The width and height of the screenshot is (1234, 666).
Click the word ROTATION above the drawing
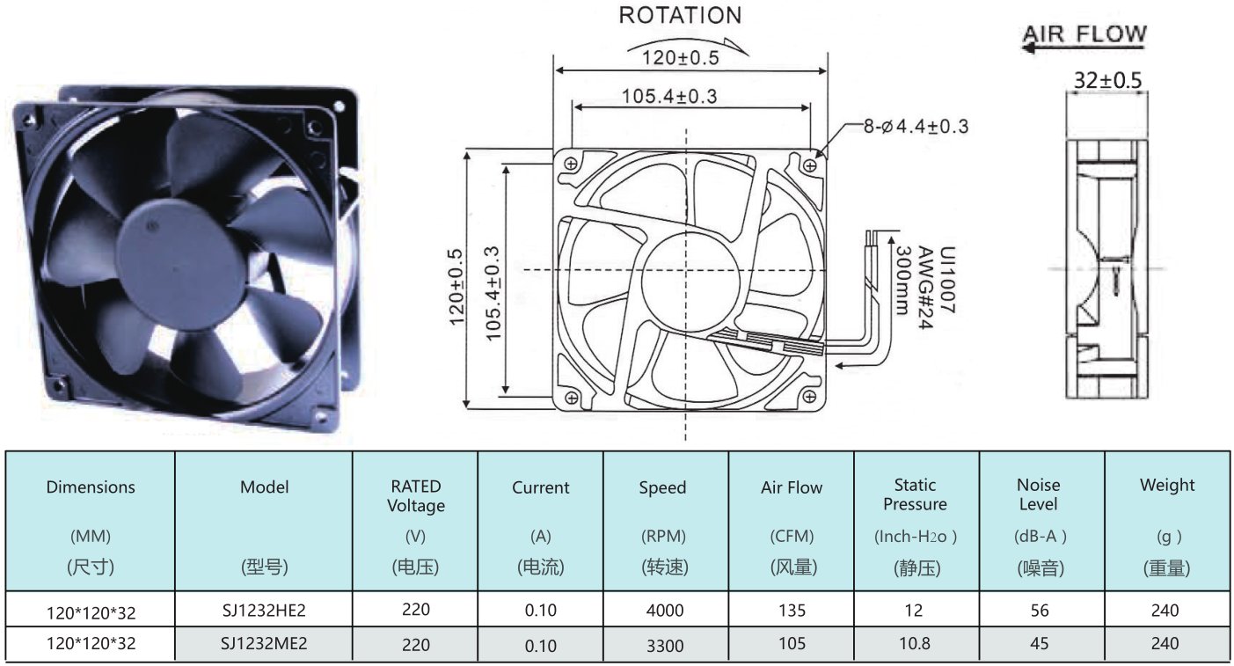pyautogui.click(x=680, y=15)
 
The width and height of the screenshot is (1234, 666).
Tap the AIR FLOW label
pyautogui.click(x=1085, y=34)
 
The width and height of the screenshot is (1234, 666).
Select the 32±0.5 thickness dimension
pyautogui.click(x=1107, y=81)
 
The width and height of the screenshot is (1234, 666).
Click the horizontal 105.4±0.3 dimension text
pyautogui.click(x=669, y=96)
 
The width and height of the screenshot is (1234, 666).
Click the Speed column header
pyautogui.click(x=662, y=487)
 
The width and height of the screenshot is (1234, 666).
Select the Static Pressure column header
pyautogui.click(x=915, y=494)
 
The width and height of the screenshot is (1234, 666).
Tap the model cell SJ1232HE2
pyautogui.click(x=264, y=611)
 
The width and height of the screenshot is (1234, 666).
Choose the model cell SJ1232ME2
pyautogui.click(x=264, y=643)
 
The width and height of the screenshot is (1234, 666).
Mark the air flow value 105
pyautogui.click(x=792, y=643)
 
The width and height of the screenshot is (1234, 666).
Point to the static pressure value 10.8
pyautogui.click(x=915, y=643)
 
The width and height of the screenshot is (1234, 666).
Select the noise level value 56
pyautogui.click(x=1040, y=611)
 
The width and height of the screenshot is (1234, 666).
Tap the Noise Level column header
pyautogui.click(x=1039, y=494)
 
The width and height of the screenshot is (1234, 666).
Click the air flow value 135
pyautogui.click(x=792, y=611)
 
